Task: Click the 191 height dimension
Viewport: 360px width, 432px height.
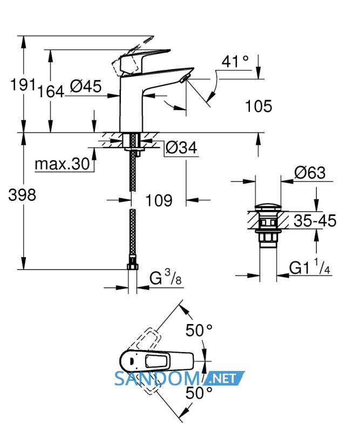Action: (23, 84)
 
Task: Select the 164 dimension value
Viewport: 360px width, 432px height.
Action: (51, 91)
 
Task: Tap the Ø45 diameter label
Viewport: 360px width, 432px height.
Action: (86, 86)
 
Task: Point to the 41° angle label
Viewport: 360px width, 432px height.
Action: (235, 61)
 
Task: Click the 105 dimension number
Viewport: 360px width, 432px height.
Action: (259, 106)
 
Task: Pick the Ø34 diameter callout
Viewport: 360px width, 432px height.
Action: (181, 147)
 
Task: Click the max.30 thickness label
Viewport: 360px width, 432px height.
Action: (62, 164)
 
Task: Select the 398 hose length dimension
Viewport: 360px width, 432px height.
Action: (22, 195)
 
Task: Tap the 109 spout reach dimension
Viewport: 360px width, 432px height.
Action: (159, 200)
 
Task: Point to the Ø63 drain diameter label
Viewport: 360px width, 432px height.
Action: (310, 173)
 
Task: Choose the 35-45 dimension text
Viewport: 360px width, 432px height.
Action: (315, 221)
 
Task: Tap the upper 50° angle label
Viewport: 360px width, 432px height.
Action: (199, 330)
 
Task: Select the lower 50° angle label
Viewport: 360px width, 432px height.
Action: (199, 393)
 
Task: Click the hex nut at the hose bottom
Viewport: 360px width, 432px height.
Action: (133, 266)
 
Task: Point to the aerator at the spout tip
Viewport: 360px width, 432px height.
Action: (184, 78)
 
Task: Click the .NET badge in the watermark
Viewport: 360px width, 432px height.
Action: (223, 378)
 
